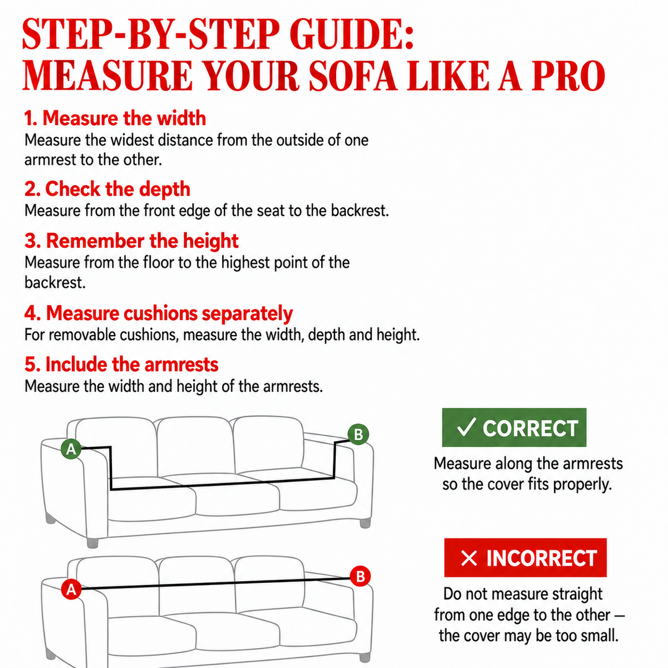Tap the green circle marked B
click(358, 434)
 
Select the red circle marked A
click(71, 589)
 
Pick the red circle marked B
click(360, 576)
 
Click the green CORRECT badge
click(514, 428)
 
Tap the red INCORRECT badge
click(525, 558)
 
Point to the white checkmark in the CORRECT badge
click(466, 427)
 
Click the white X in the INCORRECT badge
click(469, 558)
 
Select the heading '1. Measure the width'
click(115, 118)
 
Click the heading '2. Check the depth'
click(107, 189)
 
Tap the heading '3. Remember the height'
click(131, 241)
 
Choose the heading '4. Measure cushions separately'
click(159, 313)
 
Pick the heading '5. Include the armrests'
click(121, 365)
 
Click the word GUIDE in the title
click(351, 34)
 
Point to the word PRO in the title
click(568, 76)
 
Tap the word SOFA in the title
click(352, 76)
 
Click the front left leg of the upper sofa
click(92, 543)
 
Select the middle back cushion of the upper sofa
click(195, 446)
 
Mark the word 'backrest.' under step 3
click(55, 283)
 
